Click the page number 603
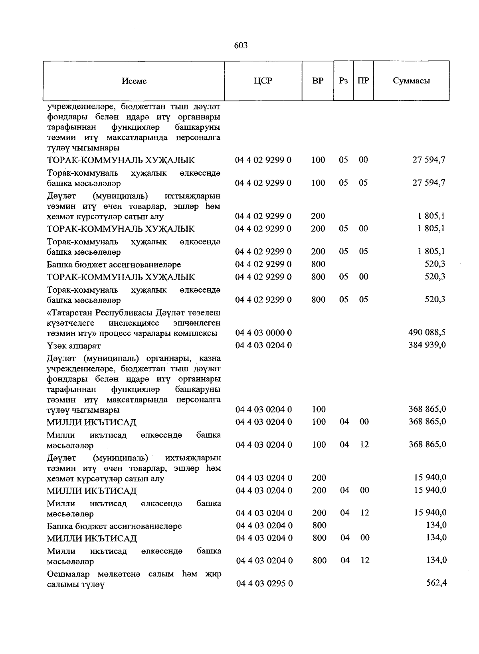(x=240, y=46)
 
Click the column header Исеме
(x=134, y=81)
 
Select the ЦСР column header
(x=263, y=81)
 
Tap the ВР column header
(x=318, y=81)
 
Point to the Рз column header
(x=343, y=81)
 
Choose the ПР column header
(x=363, y=81)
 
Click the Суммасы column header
(x=411, y=81)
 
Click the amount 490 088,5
(x=427, y=332)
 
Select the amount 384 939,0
(x=427, y=345)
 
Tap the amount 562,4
(x=436, y=583)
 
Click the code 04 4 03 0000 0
(x=263, y=333)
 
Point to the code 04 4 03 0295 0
(x=264, y=583)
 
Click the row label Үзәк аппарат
(x=74, y=345)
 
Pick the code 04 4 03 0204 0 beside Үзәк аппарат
(x=263, y=345)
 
